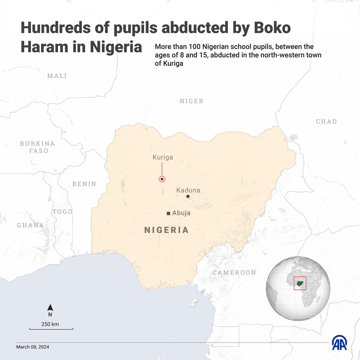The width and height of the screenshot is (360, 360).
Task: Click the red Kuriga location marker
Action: pos(162,179)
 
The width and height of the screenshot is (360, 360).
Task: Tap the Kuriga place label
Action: pos(163,157)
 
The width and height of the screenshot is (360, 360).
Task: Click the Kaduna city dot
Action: pos(188,197)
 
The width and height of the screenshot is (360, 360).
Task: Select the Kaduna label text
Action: pos(188,190)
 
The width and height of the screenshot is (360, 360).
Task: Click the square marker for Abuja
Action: pos(168,213)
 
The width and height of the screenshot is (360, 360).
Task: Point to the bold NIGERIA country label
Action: pos(167,230)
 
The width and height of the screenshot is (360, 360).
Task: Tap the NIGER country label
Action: pos(192,101)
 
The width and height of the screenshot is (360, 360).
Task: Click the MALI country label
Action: pos(57,76)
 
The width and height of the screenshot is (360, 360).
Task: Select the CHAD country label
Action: pos(326,122)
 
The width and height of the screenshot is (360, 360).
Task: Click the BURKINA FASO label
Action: pos(38,147)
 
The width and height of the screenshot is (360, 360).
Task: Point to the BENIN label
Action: pos(84,184)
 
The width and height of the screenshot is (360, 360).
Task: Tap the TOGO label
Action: pos(62,212)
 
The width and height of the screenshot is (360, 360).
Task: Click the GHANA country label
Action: pos(30,225)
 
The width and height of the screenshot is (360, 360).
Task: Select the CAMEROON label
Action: pos(234,273)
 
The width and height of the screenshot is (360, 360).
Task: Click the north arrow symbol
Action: pos(50,308)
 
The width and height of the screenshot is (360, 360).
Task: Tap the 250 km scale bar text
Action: pos(50,324)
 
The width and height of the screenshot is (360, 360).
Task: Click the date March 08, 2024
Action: pos(33,347)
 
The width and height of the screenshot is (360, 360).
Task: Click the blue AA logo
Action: pos(339,343)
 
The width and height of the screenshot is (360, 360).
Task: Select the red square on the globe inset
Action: pos(300,283)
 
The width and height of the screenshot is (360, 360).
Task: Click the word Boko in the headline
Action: pos(272,28)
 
